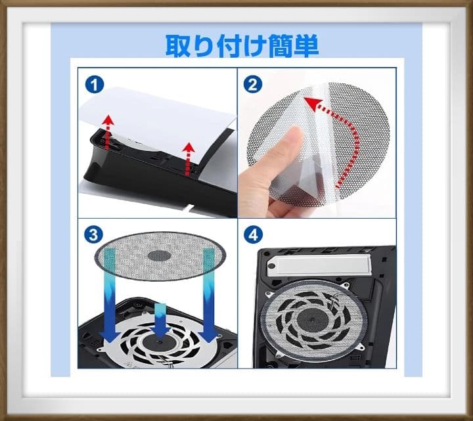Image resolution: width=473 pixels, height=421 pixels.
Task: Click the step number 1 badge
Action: [x=95, y=85]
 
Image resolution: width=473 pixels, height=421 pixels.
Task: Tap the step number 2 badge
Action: [x=253, y=84]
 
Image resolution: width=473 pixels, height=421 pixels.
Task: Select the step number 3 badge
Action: [x=94, y=234]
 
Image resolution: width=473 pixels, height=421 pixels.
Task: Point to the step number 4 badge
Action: [x=253, y=234]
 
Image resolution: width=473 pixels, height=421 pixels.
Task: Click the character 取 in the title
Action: [x=178, y=45]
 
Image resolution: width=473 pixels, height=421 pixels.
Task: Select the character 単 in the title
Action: [x=306, y=46]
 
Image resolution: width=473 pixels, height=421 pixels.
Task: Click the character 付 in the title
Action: [x=229, y=46]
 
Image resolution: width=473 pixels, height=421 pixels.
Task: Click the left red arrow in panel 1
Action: [x=107, y=133]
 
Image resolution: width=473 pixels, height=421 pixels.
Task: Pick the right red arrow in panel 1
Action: [x=189, y=158]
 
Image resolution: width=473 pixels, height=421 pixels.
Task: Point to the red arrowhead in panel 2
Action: [x=312, y=104]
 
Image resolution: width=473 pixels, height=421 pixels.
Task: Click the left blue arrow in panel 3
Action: [x=110, y=296]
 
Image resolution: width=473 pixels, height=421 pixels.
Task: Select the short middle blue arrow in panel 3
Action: [x=160, y=320]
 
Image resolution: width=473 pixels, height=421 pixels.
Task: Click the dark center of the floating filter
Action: [x=159, y=256]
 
